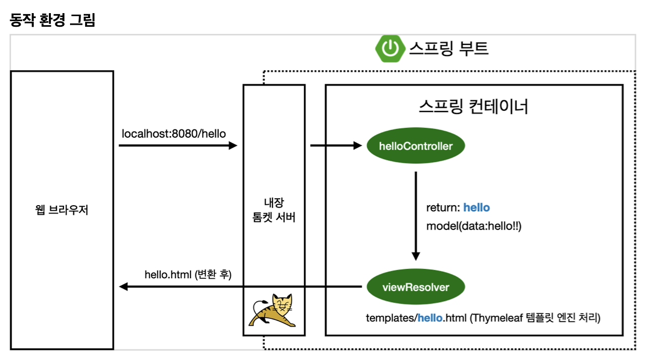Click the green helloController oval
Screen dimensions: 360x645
tap(416, 147)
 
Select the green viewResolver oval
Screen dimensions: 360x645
tap(416, 287)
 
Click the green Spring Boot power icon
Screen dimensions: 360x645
tap(390, 48)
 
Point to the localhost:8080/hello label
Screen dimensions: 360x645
tap(174, 134)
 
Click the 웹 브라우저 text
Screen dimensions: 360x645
tap(62, 210)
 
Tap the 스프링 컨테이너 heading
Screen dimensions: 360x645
tap(473, 106)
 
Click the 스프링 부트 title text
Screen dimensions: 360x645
tap(448, 48)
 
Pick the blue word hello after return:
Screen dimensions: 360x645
tap(477, 208)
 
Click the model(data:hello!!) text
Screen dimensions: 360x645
tap(474, 226)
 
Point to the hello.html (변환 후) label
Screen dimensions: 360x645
tap(188, 275)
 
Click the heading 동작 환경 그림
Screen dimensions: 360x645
tap(52, 21)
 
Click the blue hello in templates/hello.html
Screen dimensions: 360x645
tap(430, 318)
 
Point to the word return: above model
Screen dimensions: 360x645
tap(443, 208)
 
